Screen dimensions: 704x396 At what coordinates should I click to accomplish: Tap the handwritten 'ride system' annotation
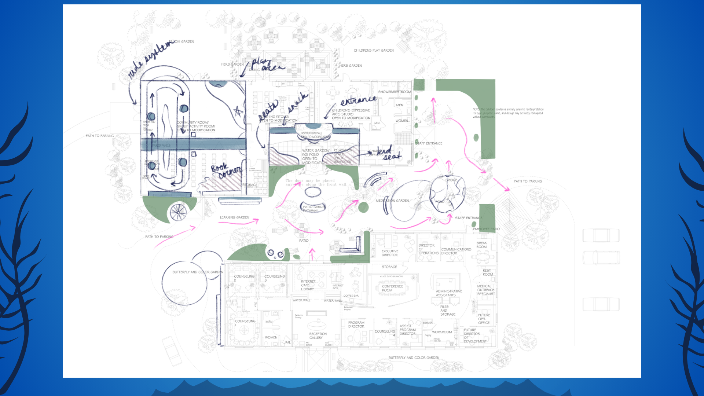pos(150,59)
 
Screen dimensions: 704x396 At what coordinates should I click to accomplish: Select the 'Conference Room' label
pos(392,288)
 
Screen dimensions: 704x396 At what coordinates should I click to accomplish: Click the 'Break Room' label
pos(481,245)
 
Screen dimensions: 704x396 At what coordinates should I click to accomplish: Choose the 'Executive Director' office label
pos(389,253)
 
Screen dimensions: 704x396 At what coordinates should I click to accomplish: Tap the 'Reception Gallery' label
pos(318,336)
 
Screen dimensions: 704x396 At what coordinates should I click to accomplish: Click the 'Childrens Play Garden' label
pos(374,51)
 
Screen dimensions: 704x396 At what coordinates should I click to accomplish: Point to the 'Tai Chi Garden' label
pos(182,42)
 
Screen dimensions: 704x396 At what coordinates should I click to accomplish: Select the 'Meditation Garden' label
pos(392,201)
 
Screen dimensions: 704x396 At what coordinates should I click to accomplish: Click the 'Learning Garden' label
pos(234,217)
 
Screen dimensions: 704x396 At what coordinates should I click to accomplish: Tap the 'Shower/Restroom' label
pos(394,92)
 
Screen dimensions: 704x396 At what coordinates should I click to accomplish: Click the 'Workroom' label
pos(442,332)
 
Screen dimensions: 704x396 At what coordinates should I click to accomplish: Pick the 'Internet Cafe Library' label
pos(308,285)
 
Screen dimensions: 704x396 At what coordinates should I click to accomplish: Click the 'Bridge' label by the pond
pos(451,180)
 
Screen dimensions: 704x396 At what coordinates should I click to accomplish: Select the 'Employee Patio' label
pos(486,229)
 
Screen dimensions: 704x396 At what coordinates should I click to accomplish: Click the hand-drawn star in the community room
pos(238,111)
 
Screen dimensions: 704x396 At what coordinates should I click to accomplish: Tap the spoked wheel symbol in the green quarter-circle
pos(178,212)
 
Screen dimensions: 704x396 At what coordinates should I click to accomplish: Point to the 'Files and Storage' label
pos(447,311)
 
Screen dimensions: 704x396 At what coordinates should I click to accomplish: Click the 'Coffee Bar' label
pos(351,296)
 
